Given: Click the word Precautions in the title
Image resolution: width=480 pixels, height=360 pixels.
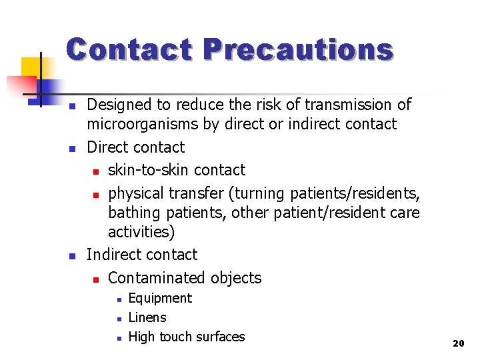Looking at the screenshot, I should [x=298, y=50].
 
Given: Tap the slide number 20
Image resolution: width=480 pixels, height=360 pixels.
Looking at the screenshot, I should [x=458, y=343].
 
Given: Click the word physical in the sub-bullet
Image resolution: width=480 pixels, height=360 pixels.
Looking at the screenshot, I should [x=136, y=193].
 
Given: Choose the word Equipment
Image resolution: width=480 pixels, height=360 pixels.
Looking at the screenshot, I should [x=160, y=298].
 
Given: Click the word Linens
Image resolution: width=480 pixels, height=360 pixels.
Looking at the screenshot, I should [x=147, y=317].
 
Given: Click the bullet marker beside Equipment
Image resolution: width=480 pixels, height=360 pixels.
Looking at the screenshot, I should [x=117, y=299].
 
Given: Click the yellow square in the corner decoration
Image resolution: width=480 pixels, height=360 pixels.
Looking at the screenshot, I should [x=30, y=67].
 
